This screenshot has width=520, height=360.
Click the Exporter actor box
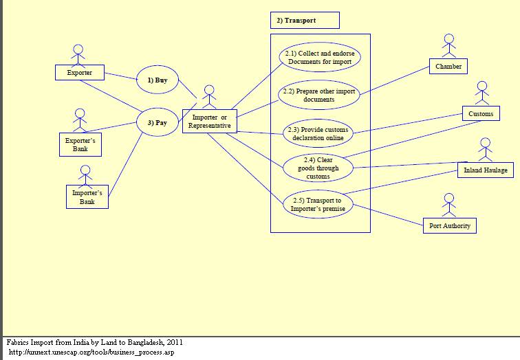click(79, 72)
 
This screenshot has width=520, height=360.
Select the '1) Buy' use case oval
click(158, 80)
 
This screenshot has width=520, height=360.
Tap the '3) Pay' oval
click(158, 123)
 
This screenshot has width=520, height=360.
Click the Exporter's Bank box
click(80, 144)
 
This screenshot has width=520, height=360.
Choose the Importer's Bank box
click(87, 197)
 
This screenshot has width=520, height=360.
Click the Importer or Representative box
click(210, 122)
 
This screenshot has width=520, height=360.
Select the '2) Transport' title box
click(305, 21)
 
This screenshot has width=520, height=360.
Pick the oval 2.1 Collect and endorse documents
click(320, 58)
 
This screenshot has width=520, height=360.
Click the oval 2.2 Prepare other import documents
click(319, 95)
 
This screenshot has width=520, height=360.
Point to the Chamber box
click(448, 67)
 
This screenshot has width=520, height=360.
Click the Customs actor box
click(481, 113)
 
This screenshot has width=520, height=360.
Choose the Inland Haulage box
click(485, 170)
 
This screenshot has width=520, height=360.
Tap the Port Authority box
click(448, 225)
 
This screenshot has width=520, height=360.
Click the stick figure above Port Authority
click(449, 205)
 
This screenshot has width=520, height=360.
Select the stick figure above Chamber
click(449, 46)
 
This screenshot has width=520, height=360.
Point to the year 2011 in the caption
click(174, 342)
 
